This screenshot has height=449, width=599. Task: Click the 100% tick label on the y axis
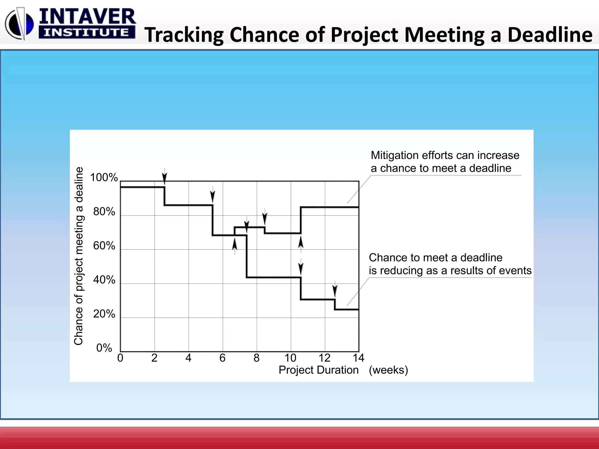(104, 177)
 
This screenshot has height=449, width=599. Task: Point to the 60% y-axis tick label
(104, 246)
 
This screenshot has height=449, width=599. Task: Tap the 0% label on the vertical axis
(104, 348)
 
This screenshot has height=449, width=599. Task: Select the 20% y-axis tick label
(104, 314)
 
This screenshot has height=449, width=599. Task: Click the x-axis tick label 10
(290, 358)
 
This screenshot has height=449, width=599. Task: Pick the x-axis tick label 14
(359, 358)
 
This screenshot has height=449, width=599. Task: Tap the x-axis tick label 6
(223, 358)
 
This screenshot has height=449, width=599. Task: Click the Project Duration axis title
(319, 370)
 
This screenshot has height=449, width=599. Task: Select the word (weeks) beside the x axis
(388, 370)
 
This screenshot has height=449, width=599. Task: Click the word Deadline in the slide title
(550, 35)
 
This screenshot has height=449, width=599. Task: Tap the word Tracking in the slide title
(184, 35)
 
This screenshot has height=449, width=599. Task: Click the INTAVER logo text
(87, 17)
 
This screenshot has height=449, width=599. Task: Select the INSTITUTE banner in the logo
(87, 32)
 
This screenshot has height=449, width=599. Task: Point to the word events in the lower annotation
(515, 270)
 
